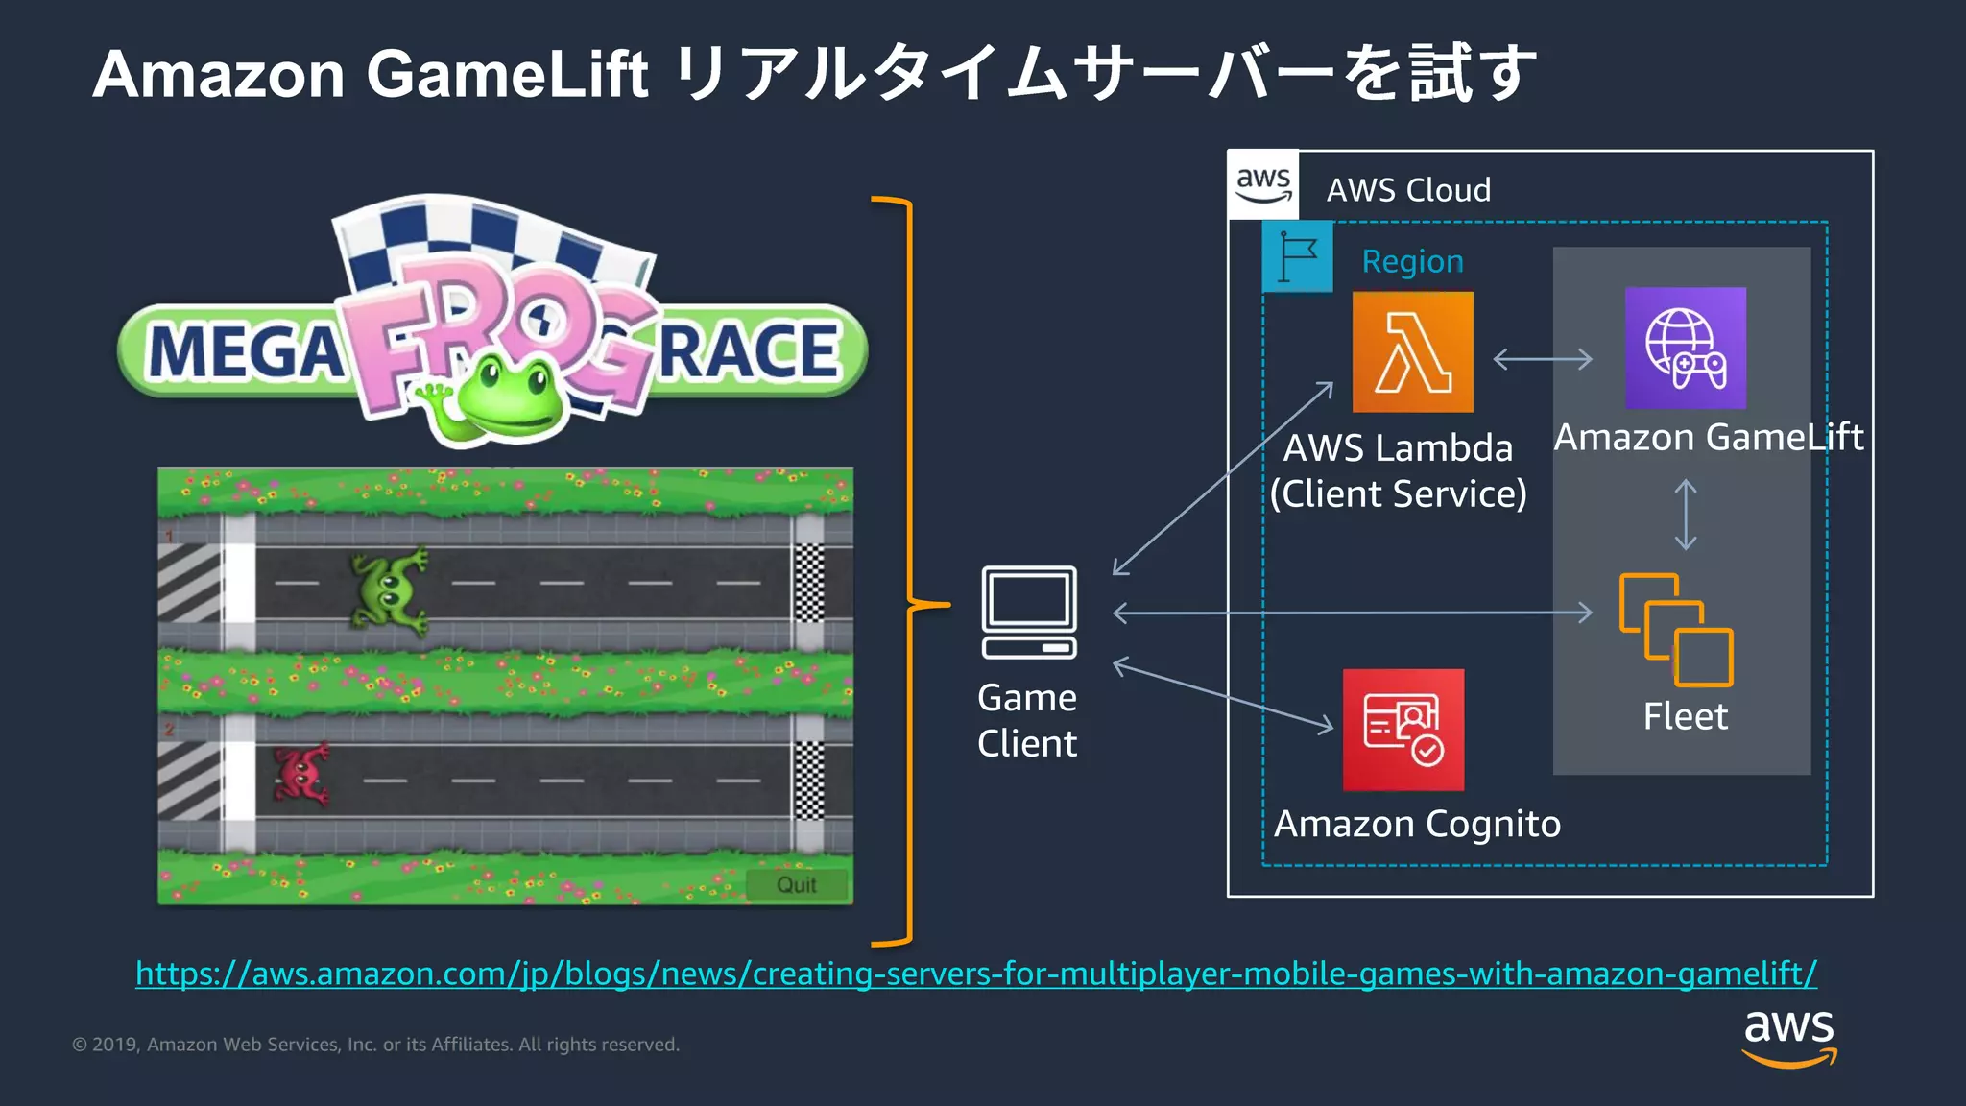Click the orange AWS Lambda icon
pos(1412,352)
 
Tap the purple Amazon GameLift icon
pos(1685,349)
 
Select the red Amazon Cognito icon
pos(1403,730)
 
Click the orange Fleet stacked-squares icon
pos(1676,630)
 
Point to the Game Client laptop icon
pos(1029,613)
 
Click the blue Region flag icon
pos(1297,256)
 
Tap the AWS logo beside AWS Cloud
pos(1263,184)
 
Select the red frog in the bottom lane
pos(301,774)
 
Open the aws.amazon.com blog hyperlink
pos(975,974)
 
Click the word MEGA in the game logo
pos(246,351)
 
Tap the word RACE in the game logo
pos(749,350)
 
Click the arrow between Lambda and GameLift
pos(1543,359)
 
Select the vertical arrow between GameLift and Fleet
pos(1685,516)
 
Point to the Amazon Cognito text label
pos(1417,825)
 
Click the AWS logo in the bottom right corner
pos(1788,1036)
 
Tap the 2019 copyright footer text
pos(375,1045)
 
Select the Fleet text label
pos(1685,716)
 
